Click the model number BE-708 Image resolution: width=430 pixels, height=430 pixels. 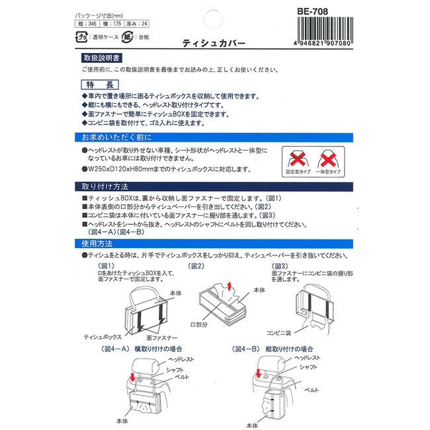pyautogui.click(x=312, y=11)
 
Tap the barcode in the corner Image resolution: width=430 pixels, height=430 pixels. pyautogui.click(x=325, y=31)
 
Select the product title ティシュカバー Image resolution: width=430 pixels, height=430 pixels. pyautogui.click(x=214, y=43)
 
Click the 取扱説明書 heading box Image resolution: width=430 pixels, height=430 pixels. pyautogui.click(x=101, y=58)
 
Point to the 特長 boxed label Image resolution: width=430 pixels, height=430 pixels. pyautogui.click(x=100, y=85)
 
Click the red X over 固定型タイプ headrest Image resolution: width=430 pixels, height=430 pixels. pyautogui.click(x=298, y=159)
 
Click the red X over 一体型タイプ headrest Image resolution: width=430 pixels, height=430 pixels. pyautogui.click(x=328, y=159)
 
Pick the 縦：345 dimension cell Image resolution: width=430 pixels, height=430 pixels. pyautogui.click(x=87, y=24)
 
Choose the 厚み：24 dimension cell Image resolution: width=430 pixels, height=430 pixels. pyautogui.click(x=136, y=24)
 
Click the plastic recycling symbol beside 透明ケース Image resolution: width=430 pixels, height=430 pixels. pyautogui.click(x=81, y=37)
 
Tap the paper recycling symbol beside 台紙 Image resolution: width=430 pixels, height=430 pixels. pyautogui.click(x=128, y=37)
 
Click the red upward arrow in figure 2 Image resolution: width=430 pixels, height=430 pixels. pyautogui.click(x=230, y=286)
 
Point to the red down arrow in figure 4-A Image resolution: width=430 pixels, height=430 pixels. pyautogui.click(x=133, y=377)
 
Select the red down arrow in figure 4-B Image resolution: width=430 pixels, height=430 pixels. pyautogui.click(x=258, y=373)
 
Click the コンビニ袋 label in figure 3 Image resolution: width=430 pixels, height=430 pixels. pyautogui.click(x=279, y=333)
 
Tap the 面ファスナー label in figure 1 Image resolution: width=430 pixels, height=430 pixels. pyautogui.click(x=162, y=337)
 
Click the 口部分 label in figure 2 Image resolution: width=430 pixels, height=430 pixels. pyautogui.click(x=199, y=325)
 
